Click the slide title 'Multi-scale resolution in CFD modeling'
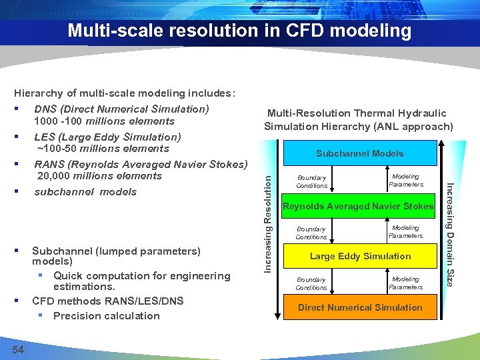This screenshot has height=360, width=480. tap(239, 31)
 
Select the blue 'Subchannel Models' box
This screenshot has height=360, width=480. tap(359, 154)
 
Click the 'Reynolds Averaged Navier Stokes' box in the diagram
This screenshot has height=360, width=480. tap(358, 207)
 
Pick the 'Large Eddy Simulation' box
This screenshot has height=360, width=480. tap(360, 256)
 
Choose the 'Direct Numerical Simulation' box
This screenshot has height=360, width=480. tap(360, 307)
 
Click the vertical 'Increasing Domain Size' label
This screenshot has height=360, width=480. tap(450, 234)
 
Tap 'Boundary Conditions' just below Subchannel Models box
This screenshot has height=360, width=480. tap(311, 181)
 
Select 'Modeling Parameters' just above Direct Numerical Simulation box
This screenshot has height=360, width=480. tap(405, 283)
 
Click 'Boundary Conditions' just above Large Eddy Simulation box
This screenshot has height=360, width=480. tap(311, 233)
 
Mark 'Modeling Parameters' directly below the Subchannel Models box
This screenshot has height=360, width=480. tap(405, 180)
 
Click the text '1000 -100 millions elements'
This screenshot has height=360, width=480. tap(104, 121)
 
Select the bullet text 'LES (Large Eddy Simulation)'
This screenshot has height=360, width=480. tap(107, 137)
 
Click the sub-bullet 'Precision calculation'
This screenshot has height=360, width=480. tap(106, 316)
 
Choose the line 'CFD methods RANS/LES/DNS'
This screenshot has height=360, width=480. tap(107, 301)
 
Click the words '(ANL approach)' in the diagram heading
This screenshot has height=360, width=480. tap(417, 126)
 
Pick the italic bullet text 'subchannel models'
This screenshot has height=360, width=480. tap(85, 192)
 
